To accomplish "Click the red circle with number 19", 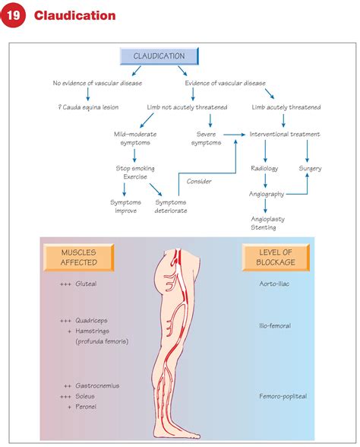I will (x=16, y=16).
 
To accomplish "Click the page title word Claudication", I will (x=75, y=16).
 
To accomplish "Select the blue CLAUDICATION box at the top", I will (x=159, y=55).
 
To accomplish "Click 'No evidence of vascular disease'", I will (x=97, y=83).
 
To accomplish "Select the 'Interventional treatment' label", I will (x=285, y=135).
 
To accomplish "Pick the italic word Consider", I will (x=198, y=181).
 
